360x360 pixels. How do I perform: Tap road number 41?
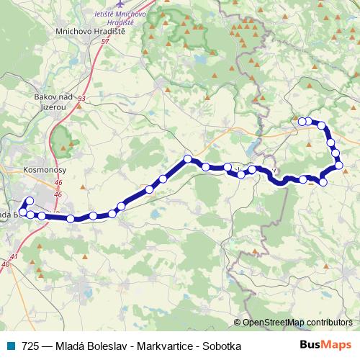click(x=14, y=256)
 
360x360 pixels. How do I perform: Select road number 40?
click(x=6, y=265)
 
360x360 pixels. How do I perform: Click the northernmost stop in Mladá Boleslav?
click(x=30, y=201)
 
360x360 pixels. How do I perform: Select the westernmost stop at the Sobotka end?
click(x=302, y=122)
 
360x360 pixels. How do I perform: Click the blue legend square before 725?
click(x=10, y=346)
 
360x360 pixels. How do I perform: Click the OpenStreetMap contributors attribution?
click(x=296, y=322)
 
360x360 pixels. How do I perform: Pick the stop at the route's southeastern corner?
click(x=323, y=183)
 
